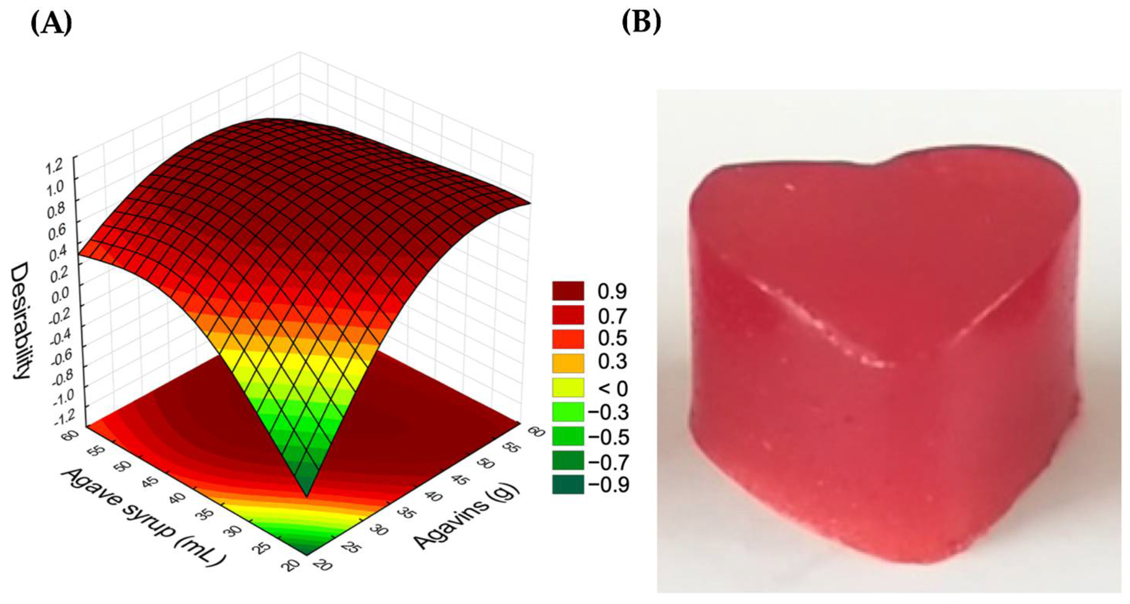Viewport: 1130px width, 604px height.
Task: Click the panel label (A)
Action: (51, 23)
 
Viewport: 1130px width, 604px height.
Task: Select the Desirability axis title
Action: (20, 321)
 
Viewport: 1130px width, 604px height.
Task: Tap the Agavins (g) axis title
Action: (467, 517)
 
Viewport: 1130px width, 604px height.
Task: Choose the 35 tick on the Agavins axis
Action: (408, 512)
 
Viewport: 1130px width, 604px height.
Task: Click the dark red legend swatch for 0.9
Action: (568, 291)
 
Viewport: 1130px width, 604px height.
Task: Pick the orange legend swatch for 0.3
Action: (568, 363)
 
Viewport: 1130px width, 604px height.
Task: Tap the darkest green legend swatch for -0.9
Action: (568, 484)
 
